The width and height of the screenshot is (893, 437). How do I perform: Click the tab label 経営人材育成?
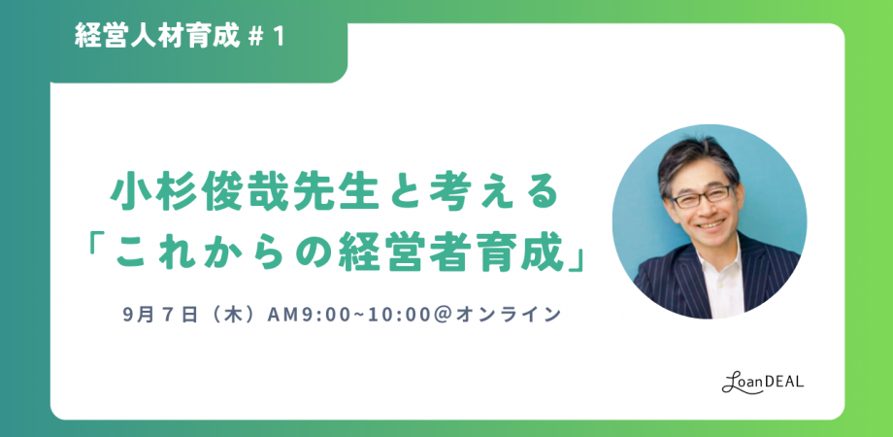(x=155, y=38)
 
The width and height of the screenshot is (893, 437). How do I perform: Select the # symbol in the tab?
(x=254, y=38)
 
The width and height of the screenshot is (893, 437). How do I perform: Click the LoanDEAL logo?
(x=763, y=384)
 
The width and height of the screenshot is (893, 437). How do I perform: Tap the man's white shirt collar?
(x=718, y=256)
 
